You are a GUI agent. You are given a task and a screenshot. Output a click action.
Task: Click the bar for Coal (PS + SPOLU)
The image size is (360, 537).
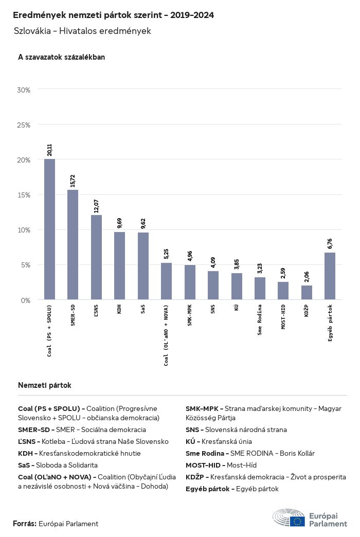click(50, 229)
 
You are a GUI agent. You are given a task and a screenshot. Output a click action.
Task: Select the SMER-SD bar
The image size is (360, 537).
click(73, 245)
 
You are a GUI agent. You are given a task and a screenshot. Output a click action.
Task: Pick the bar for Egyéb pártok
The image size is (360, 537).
click(330, 276)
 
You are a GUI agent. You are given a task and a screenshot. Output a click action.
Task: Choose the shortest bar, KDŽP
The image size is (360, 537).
click(307, 293)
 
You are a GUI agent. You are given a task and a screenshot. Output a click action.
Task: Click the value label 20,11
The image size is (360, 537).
click(50, 150)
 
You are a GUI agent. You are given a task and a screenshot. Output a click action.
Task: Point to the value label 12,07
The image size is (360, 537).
click(96, 206)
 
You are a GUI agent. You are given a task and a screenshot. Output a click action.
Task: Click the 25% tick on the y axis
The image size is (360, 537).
click(24, 125)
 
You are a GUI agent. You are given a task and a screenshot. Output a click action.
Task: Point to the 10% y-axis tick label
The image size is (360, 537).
click(24, 230)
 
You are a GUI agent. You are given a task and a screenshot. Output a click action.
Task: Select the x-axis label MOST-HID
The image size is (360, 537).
click(283, 317)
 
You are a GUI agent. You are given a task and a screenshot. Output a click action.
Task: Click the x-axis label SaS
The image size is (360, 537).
click(143, 309)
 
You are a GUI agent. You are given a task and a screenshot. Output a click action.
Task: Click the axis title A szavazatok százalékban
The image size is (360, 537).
click(61, 57)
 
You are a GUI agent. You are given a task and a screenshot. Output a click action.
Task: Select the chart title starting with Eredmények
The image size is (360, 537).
click(113, 15)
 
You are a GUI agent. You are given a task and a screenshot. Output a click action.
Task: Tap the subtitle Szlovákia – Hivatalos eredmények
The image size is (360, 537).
click(82, 31)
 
